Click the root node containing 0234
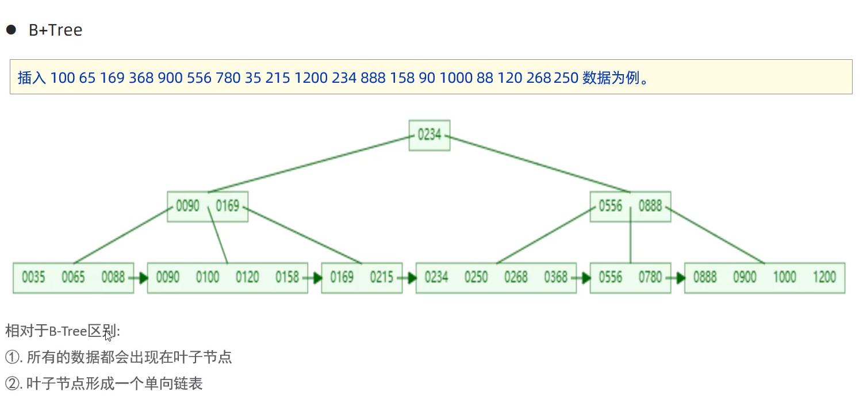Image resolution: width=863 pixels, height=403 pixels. click(429, 135)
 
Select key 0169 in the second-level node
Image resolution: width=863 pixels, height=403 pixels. click(228, 206)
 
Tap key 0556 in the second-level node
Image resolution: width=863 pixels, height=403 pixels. click(611, 206)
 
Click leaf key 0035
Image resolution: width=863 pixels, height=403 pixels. click(33, 278)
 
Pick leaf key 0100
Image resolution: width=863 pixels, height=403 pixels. click(208, 278)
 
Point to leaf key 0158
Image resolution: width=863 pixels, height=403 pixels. click(287, 278)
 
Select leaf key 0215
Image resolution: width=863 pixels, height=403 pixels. click(382, 278)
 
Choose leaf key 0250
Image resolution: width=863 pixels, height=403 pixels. click(476, 278)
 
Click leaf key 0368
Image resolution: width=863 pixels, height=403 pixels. click(556, 278)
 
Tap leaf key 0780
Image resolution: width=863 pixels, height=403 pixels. click(650, 278)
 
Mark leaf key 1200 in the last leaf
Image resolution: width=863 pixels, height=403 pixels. click(824, 278)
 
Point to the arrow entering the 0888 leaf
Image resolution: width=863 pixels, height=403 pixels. click(677, 278)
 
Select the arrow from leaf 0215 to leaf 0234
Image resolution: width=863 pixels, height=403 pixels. click(409, 278)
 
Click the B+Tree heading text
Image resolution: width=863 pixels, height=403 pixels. click(55, 30)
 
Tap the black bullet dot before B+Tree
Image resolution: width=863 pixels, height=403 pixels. click(11, 30)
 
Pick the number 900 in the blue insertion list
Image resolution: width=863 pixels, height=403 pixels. click(170, 78)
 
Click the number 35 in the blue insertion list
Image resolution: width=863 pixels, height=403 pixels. click(252, 78)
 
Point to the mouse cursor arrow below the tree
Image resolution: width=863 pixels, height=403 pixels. click(108, 336)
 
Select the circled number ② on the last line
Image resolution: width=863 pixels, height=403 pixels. click(12, 383)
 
